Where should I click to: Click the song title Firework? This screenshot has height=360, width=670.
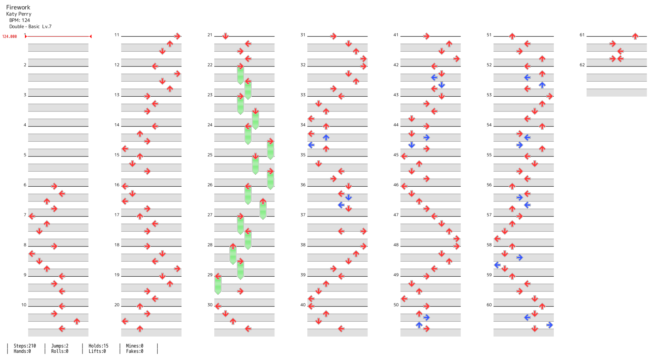(18, 7)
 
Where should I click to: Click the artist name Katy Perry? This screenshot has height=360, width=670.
(19, 14)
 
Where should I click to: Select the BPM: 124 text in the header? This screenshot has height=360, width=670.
(20, 20)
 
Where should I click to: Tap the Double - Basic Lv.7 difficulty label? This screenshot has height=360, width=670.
(31, 27)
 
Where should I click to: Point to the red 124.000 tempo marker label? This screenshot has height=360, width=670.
(9, 37)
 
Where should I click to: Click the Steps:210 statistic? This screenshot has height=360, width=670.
(25, 346)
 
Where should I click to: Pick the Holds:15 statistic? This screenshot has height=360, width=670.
(98, 346)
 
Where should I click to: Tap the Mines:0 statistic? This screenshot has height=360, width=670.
(135, 346)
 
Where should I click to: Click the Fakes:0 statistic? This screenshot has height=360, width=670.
(135, 351)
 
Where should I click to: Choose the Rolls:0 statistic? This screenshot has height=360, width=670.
(60, 351)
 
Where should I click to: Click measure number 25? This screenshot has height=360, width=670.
(210, 155)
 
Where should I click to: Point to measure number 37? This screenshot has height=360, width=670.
(303, 215)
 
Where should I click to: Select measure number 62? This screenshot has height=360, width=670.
(582, 65)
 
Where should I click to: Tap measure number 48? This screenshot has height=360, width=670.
(396, 245)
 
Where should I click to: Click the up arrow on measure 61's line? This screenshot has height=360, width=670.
(635, 36)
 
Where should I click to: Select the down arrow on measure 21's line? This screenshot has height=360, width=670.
(226, 36)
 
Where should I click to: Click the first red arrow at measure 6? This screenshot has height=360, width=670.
(54, 186)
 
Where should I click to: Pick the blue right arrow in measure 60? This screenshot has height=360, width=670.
(550, 325)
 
